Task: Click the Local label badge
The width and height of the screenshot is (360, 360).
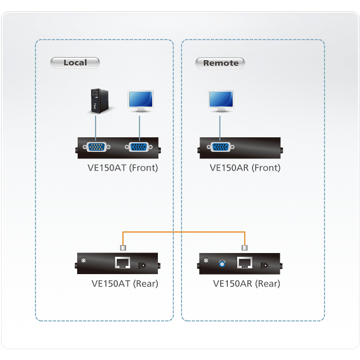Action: tap(75, 63)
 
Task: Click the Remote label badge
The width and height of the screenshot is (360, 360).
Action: tap(221, 63)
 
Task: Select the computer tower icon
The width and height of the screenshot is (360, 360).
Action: tap(96, 101)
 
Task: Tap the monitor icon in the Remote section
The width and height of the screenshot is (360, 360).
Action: tap(221, 100)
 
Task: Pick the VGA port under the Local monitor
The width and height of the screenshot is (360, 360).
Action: tap(139, 147)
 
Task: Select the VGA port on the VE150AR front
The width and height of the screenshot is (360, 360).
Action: tap(221, 147)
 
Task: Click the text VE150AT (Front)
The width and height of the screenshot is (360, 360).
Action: tap(122, 168)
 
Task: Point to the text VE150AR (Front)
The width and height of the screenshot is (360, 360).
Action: tap(245, 168)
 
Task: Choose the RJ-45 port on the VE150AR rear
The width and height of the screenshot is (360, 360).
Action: tap(245, 263)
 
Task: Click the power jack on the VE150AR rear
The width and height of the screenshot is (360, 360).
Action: tap(266, 265)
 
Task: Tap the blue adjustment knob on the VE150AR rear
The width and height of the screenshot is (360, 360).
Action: tap(223, 263)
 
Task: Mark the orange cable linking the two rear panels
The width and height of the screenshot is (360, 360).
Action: tap(184, 232)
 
